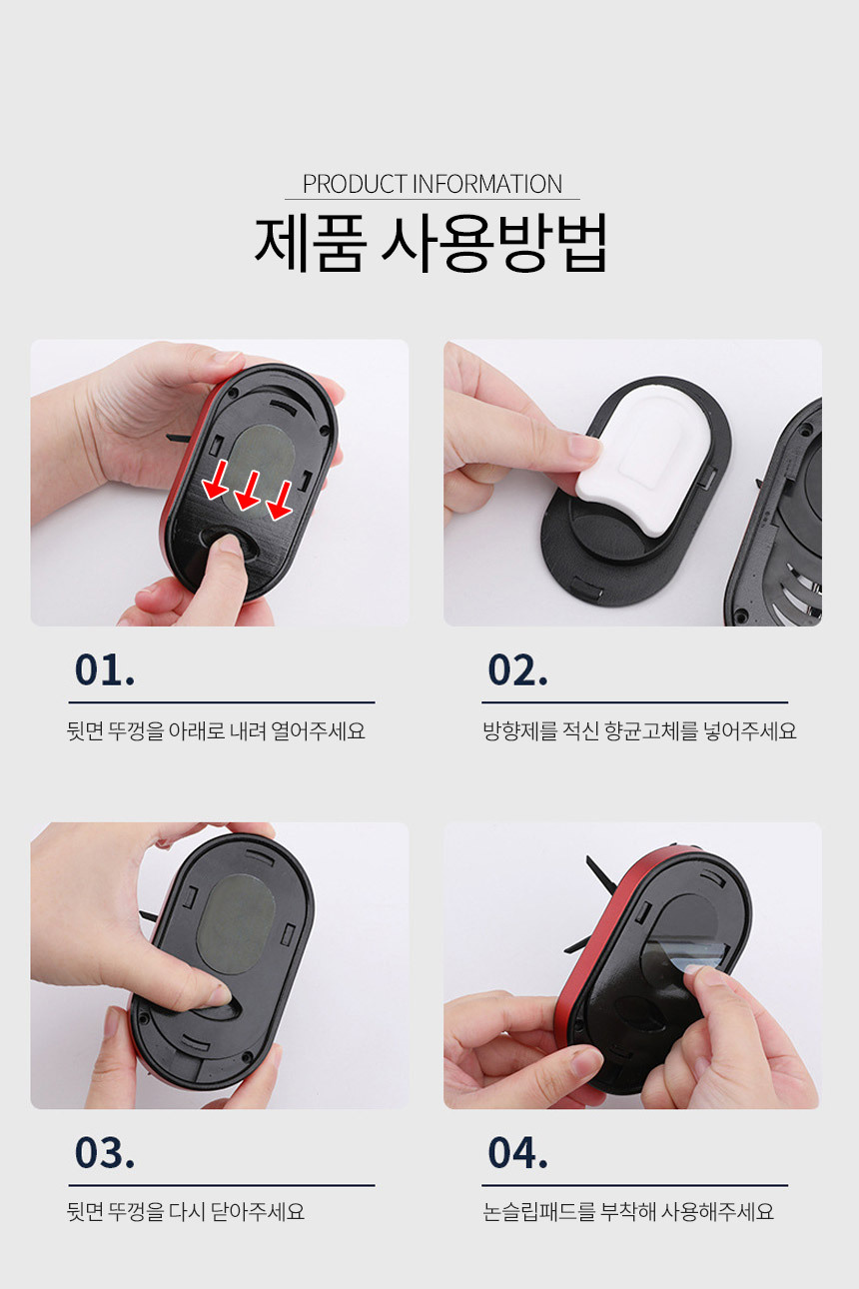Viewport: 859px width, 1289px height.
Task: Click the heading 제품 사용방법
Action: pos(430,243)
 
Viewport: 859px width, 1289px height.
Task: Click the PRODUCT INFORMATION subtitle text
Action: pos(432,184)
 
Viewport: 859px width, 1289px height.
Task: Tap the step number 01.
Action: pos(105,669)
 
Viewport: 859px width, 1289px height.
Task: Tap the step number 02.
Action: pos(517,669)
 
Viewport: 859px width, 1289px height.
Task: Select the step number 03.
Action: pos(105,1153)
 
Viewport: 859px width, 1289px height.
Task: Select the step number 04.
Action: pos(517,1153)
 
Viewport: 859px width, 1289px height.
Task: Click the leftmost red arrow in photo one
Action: pos(216,480)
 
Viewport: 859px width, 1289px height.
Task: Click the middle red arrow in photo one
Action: pos(248,491)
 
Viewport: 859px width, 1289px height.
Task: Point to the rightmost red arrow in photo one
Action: pos(281,501)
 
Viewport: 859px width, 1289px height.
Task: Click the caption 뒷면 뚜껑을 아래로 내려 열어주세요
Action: pos(216,731)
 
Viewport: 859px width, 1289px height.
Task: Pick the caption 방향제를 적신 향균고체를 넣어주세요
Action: pos(639,731)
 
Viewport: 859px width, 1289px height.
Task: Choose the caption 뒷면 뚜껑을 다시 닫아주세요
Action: pos(185,1211)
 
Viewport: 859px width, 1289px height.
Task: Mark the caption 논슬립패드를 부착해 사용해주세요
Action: pos(627,1211)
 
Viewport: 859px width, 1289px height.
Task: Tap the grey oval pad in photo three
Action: pos(236,924)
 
